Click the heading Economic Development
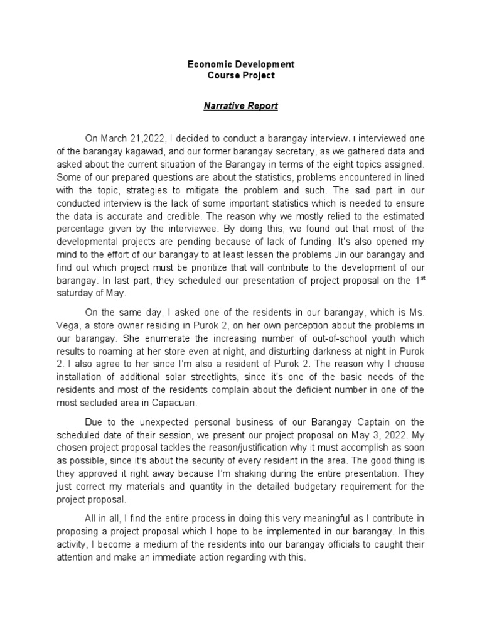(x=241, y=65)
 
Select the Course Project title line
(x=241, y=76)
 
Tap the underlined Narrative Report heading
(x=240, y=106)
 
